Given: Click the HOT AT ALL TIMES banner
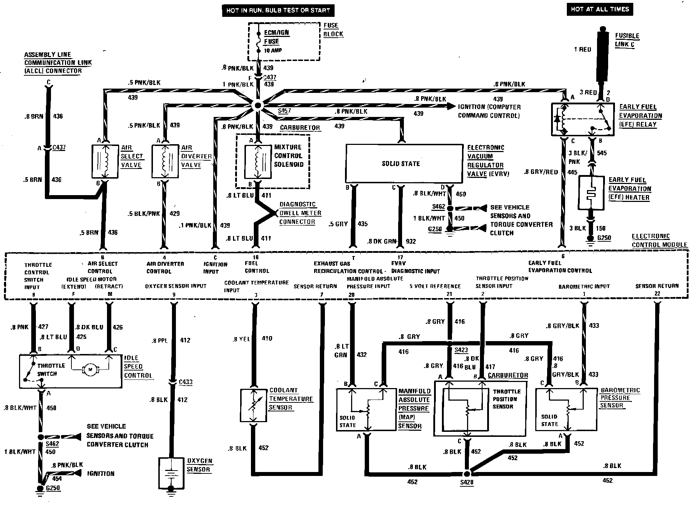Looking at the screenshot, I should (600, 9).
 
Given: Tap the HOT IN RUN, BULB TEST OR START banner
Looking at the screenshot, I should (278, 10).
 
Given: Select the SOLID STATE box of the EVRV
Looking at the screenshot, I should (404, 164).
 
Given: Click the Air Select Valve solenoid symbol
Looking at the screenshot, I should (105, 161).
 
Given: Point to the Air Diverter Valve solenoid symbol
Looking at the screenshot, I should (165, 161).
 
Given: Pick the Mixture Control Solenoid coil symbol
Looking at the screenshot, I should (258, 161).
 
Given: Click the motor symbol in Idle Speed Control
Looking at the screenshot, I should (89, 369).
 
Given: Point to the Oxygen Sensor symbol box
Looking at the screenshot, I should (171, 473).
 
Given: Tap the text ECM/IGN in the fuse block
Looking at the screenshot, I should (276, 33).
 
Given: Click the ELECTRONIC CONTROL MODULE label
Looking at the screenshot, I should (659, 241).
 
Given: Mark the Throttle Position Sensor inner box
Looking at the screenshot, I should (466, 409).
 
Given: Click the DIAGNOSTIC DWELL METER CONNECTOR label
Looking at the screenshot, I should (300, 213).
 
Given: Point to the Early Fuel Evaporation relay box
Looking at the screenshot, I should (582, 120).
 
